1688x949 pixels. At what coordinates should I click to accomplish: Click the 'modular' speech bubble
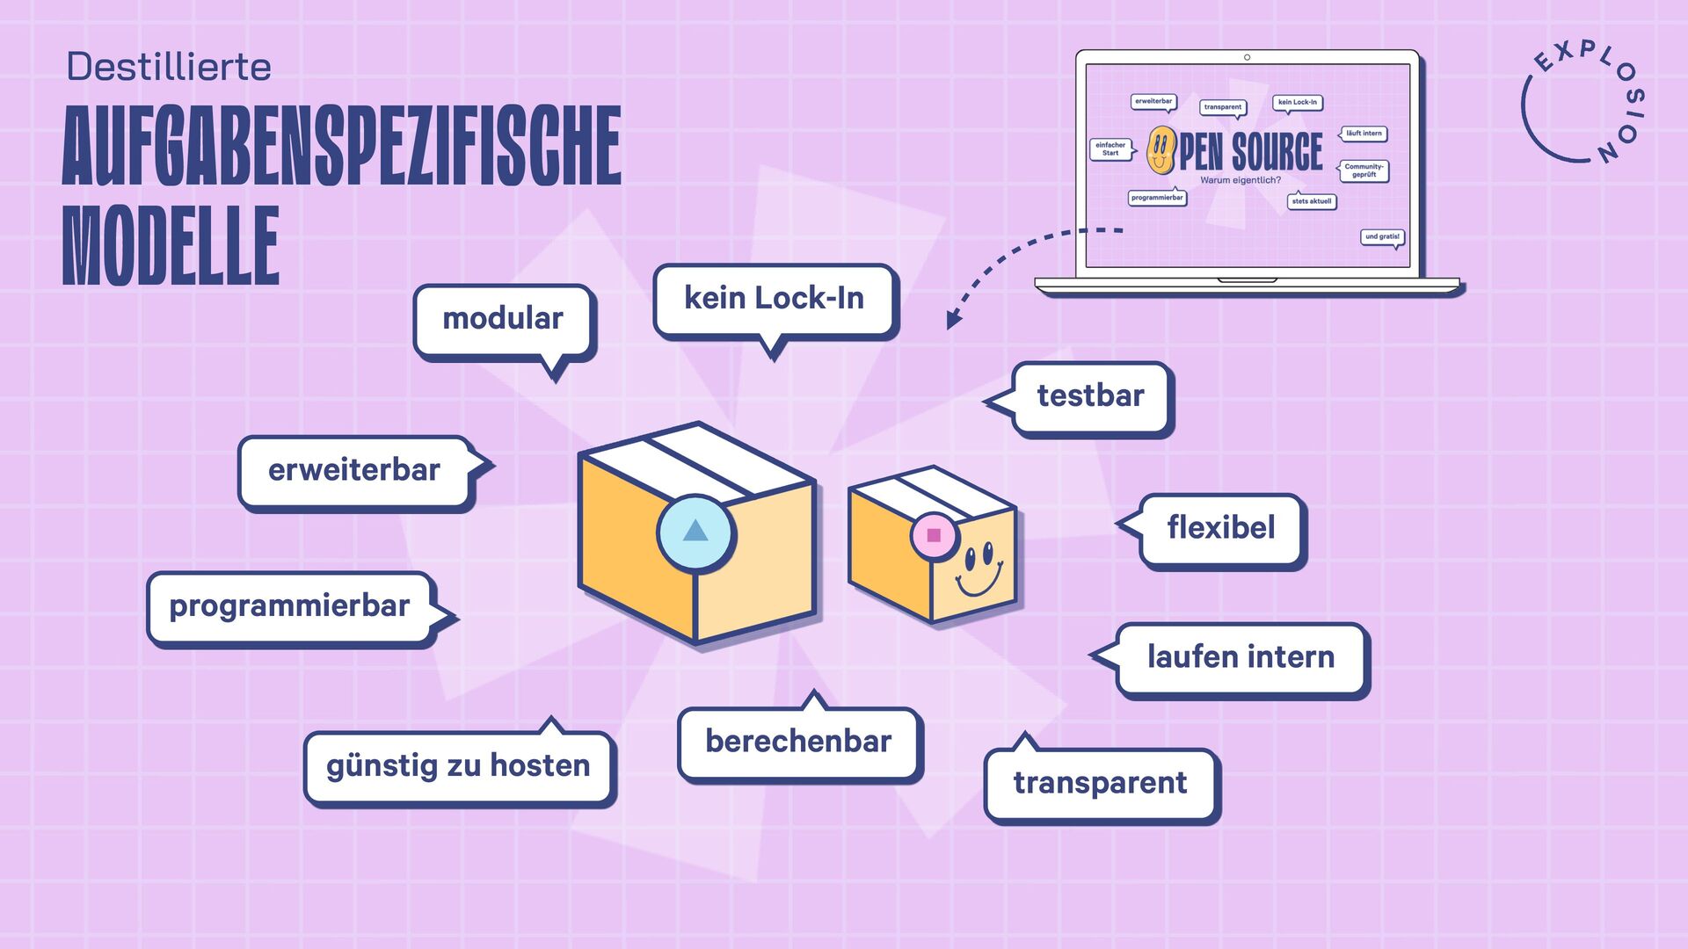click(504, 320)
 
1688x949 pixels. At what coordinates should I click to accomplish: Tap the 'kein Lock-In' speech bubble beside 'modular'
click(775, 299)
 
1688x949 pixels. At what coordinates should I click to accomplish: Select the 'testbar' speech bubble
click(1090, 396)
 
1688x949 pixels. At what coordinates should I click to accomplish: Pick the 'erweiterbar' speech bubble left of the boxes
click(354, 470)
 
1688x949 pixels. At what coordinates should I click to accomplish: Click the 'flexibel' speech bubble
click(1220, 528)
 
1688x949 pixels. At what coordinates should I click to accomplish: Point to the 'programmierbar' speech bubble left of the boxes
click(289, 606)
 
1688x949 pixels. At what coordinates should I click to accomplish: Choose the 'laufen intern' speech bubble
click(1241, 657)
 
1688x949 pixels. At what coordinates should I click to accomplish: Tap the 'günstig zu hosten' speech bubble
click(458, 766)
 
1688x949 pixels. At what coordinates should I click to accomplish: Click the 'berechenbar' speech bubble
click(798, 742)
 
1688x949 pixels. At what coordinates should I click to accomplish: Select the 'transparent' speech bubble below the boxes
click(1100, 783)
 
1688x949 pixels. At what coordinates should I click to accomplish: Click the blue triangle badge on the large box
click(695, 532)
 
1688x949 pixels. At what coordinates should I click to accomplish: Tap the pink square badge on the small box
click(934, 535)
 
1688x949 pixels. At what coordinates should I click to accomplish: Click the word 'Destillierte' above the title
click(169, 68)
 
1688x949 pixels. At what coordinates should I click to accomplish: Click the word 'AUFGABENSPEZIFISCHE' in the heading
click(341, 147)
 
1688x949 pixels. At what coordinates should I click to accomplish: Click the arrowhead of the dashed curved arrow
click(953, 320)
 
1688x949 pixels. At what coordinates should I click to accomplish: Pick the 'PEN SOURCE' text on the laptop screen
click(1250, 152)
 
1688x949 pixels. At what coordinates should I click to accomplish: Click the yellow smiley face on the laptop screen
click(1160, 150)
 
